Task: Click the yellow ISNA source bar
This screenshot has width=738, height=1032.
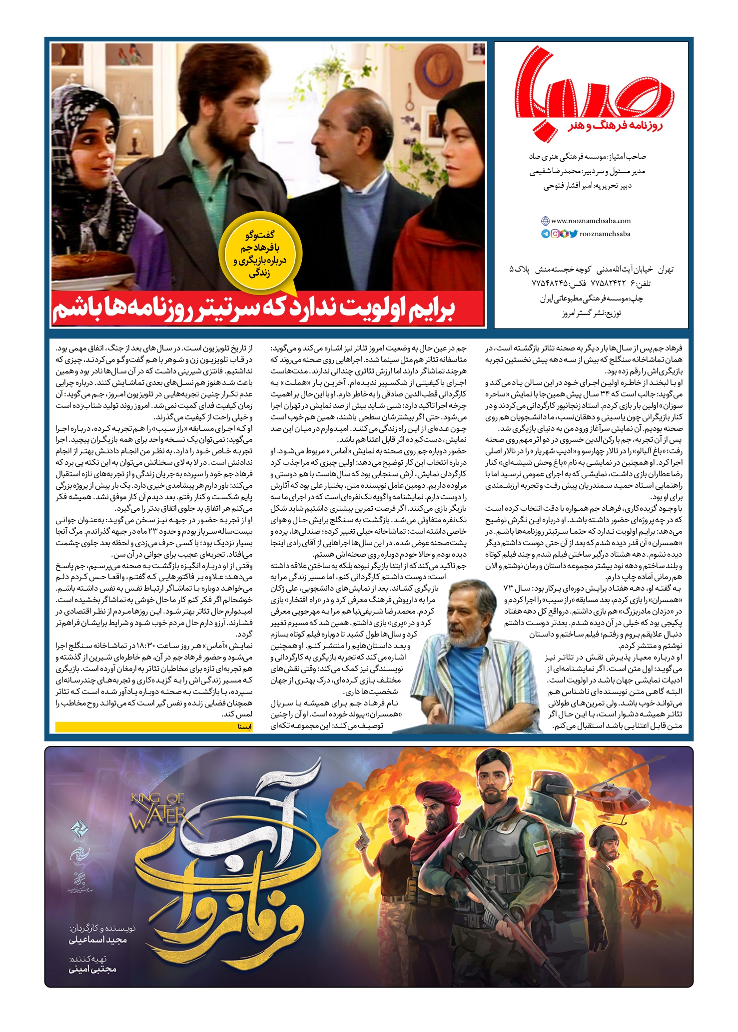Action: click(154, 727)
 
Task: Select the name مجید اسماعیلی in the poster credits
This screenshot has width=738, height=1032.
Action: click(98, 940)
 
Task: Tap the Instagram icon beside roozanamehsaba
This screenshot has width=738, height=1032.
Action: click(555, 234)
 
